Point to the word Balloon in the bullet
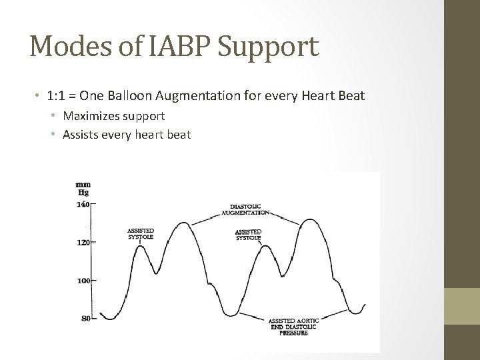pyautogui.click(x=134, y=96)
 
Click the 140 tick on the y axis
pyautogui.click(x=82, y=205)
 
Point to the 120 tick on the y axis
pyautogui.click(x=82, y=243)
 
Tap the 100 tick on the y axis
pyautogui.click(x=82, y=281)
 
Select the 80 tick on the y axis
pyautogui.click(x=85, y=319)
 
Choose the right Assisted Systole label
pyautogui.click(x=248, y=233)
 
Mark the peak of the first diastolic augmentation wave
pyautogui.click(x=181, y=223)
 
